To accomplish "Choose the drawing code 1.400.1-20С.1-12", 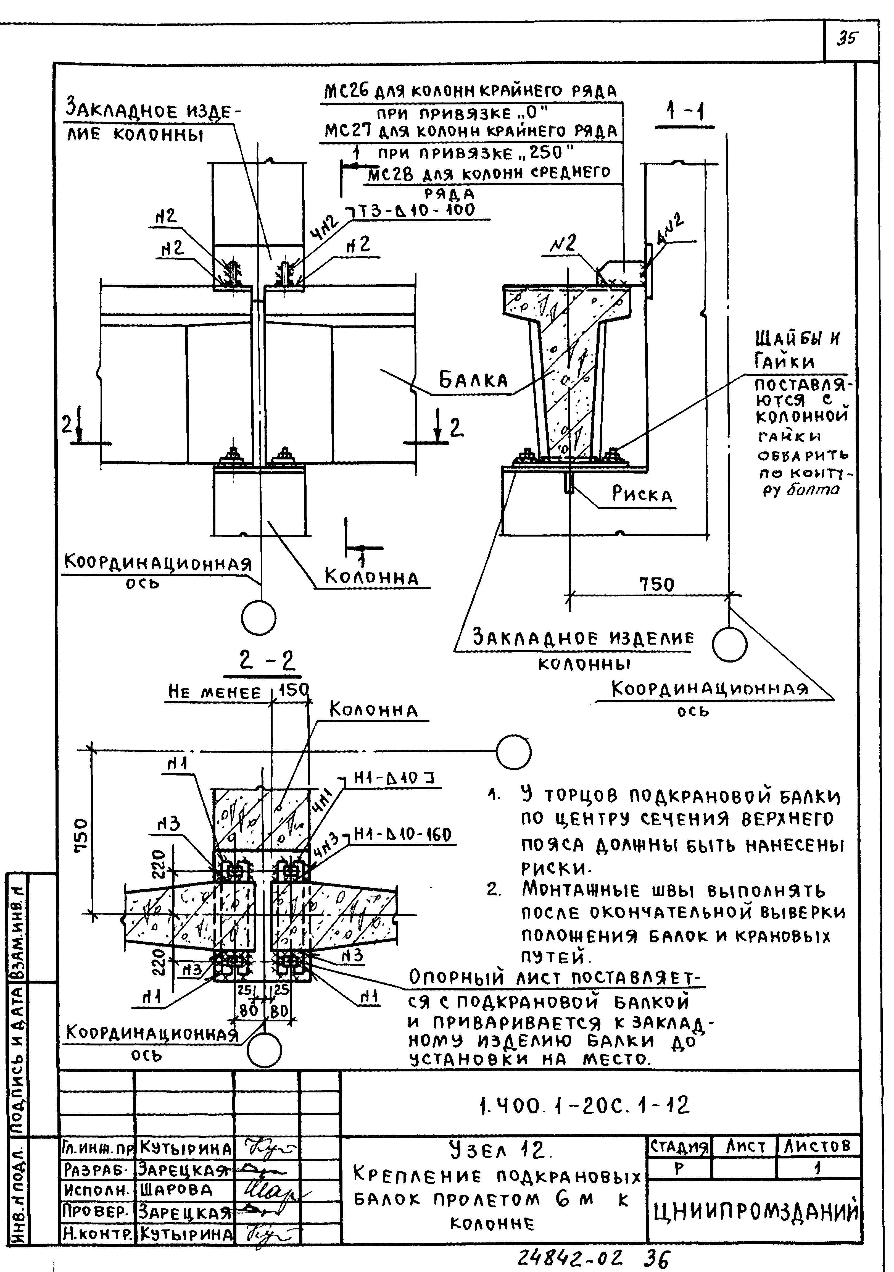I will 584,1106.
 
